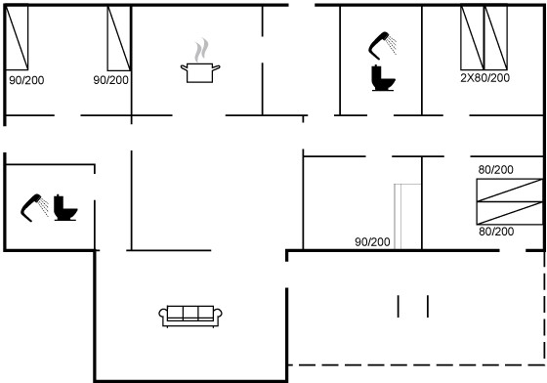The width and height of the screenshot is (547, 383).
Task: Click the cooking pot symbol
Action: (x=200, y=72)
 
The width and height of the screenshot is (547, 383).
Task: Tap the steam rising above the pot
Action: (x=201, y=50)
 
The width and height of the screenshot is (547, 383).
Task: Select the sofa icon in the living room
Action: (x=190, y=316)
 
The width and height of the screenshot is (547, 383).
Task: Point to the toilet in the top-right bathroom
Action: (x=383, y=78)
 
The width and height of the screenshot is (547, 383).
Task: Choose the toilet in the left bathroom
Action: (x=65, y=208)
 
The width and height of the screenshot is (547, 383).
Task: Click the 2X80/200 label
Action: (x=484, y=78)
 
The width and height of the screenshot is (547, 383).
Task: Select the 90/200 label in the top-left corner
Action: (x=26, y=80)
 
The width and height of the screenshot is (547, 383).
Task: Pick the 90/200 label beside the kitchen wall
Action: (x=111, y=80)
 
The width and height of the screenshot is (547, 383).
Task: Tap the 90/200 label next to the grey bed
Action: (x=372, y=241)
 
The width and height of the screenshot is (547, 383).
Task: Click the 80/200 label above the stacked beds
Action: (x=496, y=170)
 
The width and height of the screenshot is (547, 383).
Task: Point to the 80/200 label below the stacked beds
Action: (x=496, y=232)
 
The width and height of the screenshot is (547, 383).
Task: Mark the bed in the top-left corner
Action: (x=17, y=38)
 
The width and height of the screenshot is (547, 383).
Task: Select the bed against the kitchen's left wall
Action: (x=119, y=38)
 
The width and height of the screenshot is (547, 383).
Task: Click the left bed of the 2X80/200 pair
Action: (x=473, y=38)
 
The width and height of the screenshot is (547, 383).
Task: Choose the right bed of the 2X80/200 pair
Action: (x=496, y=38)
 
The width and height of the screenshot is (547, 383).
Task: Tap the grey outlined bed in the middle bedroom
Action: (x=407, y=217)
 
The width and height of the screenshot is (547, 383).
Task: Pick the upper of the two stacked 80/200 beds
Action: (x=510, y=191)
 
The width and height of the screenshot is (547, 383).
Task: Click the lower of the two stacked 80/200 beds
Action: (x=510, y=213)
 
